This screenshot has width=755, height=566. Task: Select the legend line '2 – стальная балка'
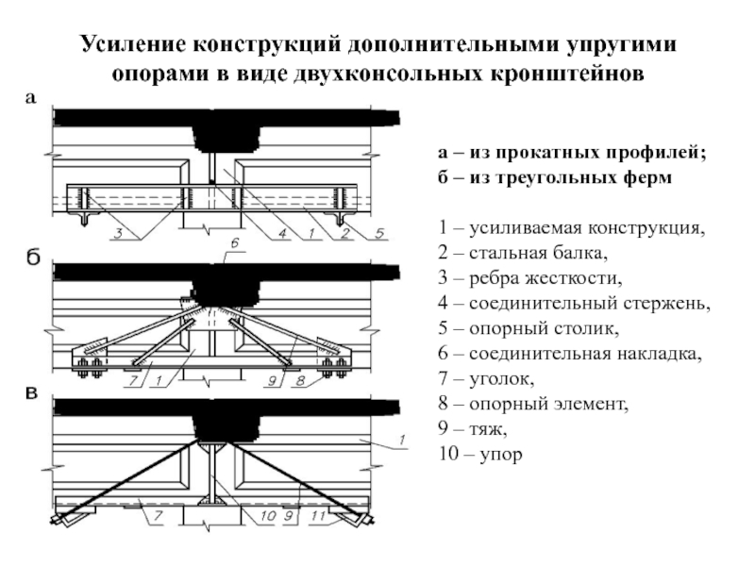(x=523, y=253)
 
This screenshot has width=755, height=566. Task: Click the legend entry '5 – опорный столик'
(x=528, y=328)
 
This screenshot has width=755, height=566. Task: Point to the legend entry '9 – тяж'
(x=473, y=429)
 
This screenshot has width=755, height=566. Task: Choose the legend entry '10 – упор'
(x=480, y=454)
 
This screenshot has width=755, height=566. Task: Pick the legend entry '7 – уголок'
(x=486, y=379)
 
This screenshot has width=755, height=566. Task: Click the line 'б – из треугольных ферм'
(x=555, y=177)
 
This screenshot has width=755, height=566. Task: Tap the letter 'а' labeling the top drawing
(x=30, y=98)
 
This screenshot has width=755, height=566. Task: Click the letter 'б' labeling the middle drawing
(x=32, y=258)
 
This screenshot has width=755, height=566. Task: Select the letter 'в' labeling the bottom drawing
(x=31, y=392)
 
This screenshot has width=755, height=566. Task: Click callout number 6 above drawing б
(x=234, y=243)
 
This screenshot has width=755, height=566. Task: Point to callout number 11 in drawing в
(x=318, y=516)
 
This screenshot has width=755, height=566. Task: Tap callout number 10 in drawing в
(x=267, y=516)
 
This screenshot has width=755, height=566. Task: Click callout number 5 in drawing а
(x=380, y=234)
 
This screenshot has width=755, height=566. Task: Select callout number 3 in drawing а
(x=118, y=234)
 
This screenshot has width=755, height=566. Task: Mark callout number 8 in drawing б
(x=300, y=381)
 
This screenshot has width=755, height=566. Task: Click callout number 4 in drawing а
(x=282, y=234)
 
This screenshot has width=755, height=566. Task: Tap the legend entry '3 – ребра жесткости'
(x=530, y=277)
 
